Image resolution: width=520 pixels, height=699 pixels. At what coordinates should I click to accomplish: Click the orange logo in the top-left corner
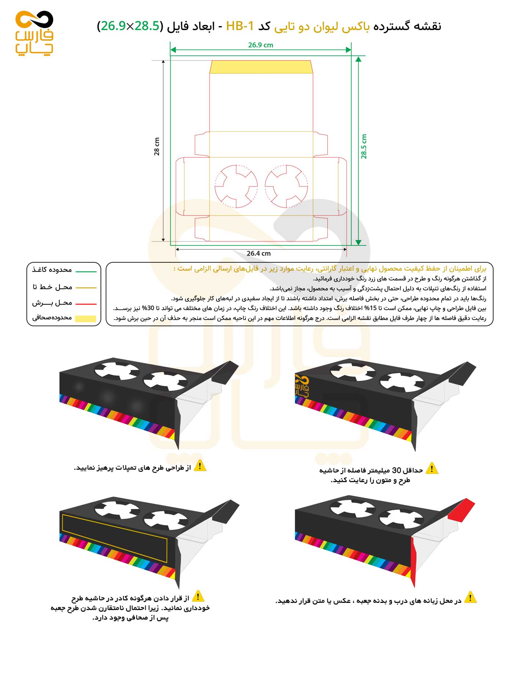pos(34,33)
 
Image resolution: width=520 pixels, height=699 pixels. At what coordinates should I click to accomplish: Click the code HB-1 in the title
pos(240,26)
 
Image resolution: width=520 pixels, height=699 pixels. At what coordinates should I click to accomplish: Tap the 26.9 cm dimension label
pos(260,45)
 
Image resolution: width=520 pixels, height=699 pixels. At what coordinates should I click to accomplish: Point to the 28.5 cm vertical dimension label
pos(364,146)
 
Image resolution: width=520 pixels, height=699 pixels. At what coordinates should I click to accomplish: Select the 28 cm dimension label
pos(157,146)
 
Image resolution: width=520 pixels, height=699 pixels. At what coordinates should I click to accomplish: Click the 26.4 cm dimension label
pos(258,253)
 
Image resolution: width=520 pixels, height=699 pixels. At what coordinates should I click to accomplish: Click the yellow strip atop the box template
pos(261,67)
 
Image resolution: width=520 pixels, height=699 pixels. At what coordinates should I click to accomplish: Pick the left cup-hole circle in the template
pos(236,186)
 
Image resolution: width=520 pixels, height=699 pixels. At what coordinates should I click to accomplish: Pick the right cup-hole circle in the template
pos(286,186)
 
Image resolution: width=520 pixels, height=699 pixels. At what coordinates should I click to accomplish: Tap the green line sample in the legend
pos(86,272)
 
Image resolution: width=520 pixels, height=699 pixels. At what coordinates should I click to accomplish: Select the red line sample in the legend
pos(86,304)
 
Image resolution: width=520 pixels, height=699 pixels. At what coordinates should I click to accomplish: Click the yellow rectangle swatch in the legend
pos(86,319)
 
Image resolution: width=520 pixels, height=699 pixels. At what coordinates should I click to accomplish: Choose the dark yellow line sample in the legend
pos(86,288)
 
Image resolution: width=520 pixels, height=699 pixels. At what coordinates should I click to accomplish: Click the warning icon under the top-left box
pos(200,466)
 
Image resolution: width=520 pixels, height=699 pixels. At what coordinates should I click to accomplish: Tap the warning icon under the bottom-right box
pos(470,597)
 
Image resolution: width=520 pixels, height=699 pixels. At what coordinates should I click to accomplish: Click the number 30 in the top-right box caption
pos(397,470)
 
